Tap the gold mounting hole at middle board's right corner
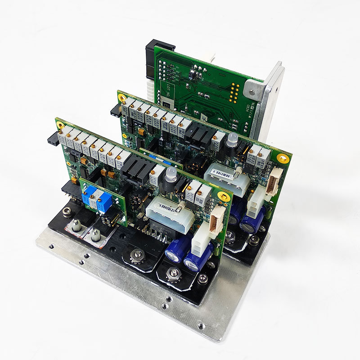click(x=283, y=158)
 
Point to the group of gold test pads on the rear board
click(x=234, y=90)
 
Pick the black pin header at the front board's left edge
click(x=53, y=139)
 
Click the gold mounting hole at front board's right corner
click(x=223, y=195)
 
